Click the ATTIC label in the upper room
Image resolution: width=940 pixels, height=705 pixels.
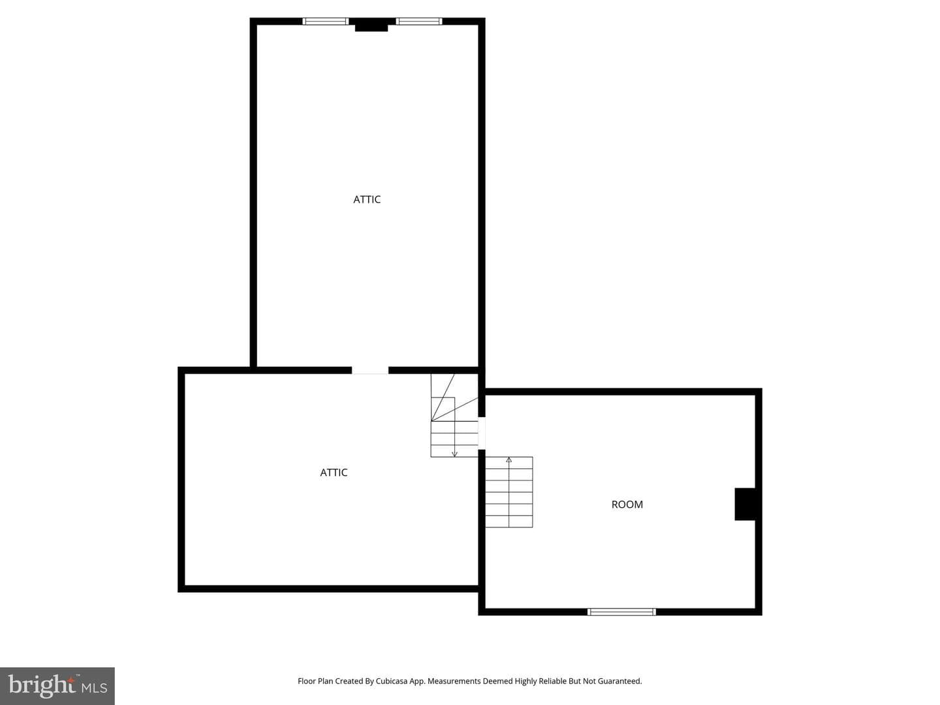(x=367, y=200)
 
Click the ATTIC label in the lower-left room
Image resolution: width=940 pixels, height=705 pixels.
(x=334, y=473)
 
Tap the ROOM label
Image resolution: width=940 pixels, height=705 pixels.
(x=627, y=505)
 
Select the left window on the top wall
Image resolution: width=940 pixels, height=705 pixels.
(x=326, y=22)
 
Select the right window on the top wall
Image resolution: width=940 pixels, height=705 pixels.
(x=419, y=22)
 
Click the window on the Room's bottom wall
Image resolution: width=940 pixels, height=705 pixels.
(x=621, y=612)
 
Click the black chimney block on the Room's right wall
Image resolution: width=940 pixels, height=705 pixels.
(x=745, y=504)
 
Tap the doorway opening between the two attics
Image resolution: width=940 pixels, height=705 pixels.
(x=370, y=370)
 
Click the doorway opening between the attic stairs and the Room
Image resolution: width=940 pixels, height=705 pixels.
(x=482, y=433)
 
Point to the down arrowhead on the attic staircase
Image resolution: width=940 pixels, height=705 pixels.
(x=455, y=454)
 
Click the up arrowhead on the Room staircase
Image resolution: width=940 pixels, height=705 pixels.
(x=509, y=460)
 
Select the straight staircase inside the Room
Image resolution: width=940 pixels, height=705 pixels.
(x=509, y=492)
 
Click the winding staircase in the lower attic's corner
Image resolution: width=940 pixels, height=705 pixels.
(x=454, y=416)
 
